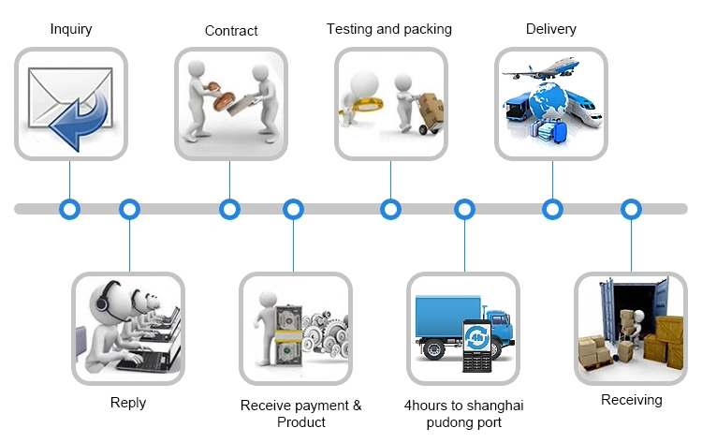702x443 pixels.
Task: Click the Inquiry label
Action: pos(71,30)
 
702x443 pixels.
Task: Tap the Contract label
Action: pos(231,31)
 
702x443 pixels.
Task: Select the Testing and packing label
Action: pos(388,29)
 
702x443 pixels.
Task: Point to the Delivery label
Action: pos(551,29)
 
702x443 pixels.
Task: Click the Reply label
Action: pos(128,403)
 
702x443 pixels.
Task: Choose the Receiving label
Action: pos(631,400)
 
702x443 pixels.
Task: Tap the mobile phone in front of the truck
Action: pos(476,344)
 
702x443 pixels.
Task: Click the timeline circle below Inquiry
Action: pos(69,209)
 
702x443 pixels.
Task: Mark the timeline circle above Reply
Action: pos(129,209)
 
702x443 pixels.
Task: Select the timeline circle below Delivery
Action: pos(552,209)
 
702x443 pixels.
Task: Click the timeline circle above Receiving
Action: pos(631,209)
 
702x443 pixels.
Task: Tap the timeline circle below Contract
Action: pos(229,209)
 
